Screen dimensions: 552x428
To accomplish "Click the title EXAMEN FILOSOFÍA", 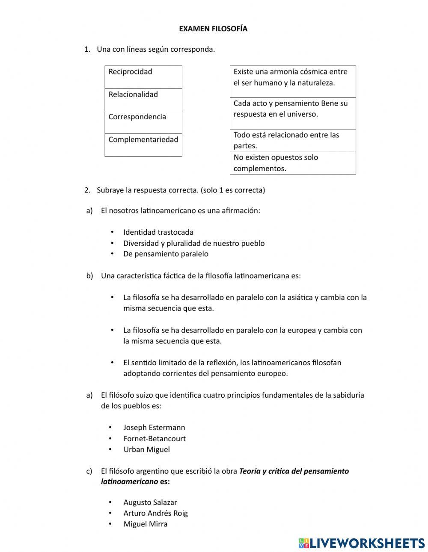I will click(213, 29).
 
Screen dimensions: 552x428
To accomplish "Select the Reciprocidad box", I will click(143, 77).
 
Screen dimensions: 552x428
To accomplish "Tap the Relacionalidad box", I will click(143, 100).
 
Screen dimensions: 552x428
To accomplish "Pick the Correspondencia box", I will click(143, 122).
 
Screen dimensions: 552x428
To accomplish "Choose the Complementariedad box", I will click(143, 145).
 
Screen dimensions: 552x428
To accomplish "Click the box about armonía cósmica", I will click(293, 81).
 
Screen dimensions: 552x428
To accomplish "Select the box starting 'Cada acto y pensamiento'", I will click(293, 113).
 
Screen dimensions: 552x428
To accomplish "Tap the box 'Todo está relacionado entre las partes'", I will click(293, 140).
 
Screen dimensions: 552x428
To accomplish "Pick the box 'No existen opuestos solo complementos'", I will click(293, 163).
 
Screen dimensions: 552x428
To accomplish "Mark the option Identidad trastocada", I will click(158, 232).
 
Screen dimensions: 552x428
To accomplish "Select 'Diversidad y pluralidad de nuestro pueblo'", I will click(193, 243).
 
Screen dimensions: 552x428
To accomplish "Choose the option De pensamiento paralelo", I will click(166, 254).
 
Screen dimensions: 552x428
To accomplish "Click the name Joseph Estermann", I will click(154, 428).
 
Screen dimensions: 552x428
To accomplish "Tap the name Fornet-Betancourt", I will click(154, 439).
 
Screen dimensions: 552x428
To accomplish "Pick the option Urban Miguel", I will click(146, 449).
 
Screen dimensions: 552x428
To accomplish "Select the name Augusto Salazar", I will click(150, 502).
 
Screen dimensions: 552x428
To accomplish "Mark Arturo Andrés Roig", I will click(155, 513).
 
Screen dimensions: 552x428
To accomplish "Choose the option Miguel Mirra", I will click(145, 524).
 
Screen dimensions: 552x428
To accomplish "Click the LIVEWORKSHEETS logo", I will click(361, 543).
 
